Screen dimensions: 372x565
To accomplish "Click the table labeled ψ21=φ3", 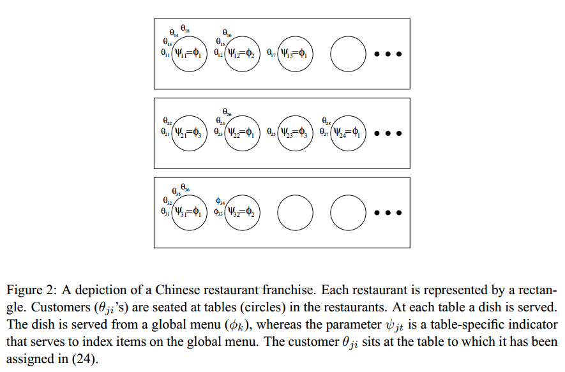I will (x=190, y=133).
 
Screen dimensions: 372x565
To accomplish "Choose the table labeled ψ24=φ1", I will (x=348, y=133).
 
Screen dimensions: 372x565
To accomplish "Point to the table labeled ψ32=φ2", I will (x=242, y=212).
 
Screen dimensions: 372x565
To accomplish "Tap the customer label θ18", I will (x=185, y=29).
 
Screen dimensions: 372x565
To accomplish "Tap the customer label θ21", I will (x=165, y=133).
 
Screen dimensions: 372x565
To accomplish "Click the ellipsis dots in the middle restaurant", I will (x=388, y=134).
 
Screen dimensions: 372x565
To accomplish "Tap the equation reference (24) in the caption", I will (x=91, y=359).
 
